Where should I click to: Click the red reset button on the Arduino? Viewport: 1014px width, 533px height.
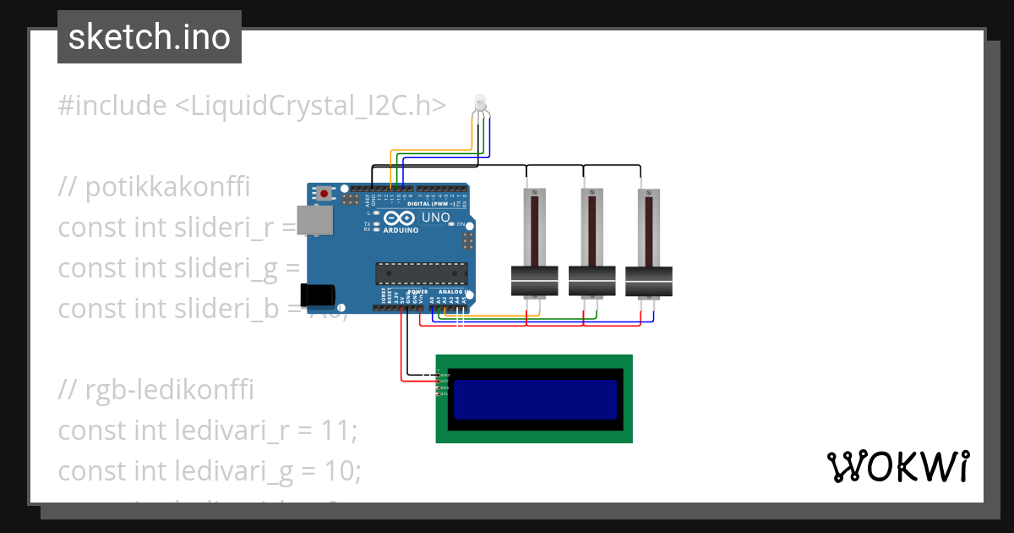pos(324,194)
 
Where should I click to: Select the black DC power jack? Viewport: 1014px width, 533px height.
pos(318,294)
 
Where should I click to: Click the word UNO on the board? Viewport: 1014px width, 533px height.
pos(435,217)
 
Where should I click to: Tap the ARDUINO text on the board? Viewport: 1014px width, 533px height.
pos(401,230)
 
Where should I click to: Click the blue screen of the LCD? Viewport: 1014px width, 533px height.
pos(535,399)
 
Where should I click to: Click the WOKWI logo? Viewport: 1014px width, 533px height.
pos(897,467)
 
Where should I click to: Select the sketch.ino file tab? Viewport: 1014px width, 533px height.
pos(150,37)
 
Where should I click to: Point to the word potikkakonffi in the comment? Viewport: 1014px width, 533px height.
pos(167,186)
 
